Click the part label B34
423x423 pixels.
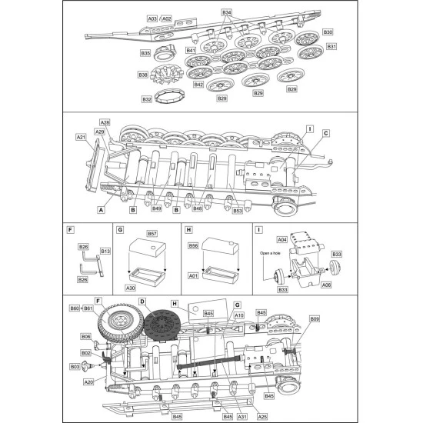226,13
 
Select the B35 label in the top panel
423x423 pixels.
145,53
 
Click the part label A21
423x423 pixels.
81,136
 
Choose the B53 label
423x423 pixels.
238,210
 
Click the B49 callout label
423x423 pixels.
156,208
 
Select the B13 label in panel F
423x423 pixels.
105,251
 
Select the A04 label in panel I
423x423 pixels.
282,239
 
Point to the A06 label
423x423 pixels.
326,285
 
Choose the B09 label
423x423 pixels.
315,318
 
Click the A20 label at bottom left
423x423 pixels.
88,382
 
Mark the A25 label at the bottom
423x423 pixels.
262,416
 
